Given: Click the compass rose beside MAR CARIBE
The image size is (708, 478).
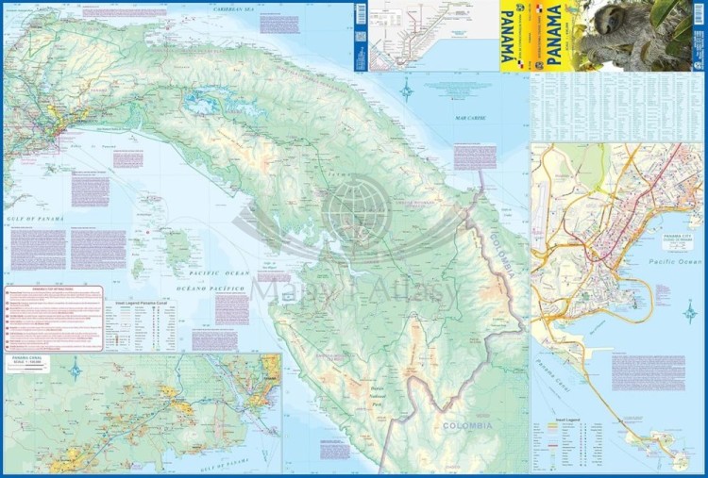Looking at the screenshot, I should click(x=407, y=91).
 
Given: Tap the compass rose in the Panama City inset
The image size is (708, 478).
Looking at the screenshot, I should click(x=690, y=310).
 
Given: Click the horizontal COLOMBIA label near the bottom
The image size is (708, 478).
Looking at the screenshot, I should click(x=468, y=427).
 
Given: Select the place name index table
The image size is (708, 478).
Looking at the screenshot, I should click(x=617, y=107).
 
